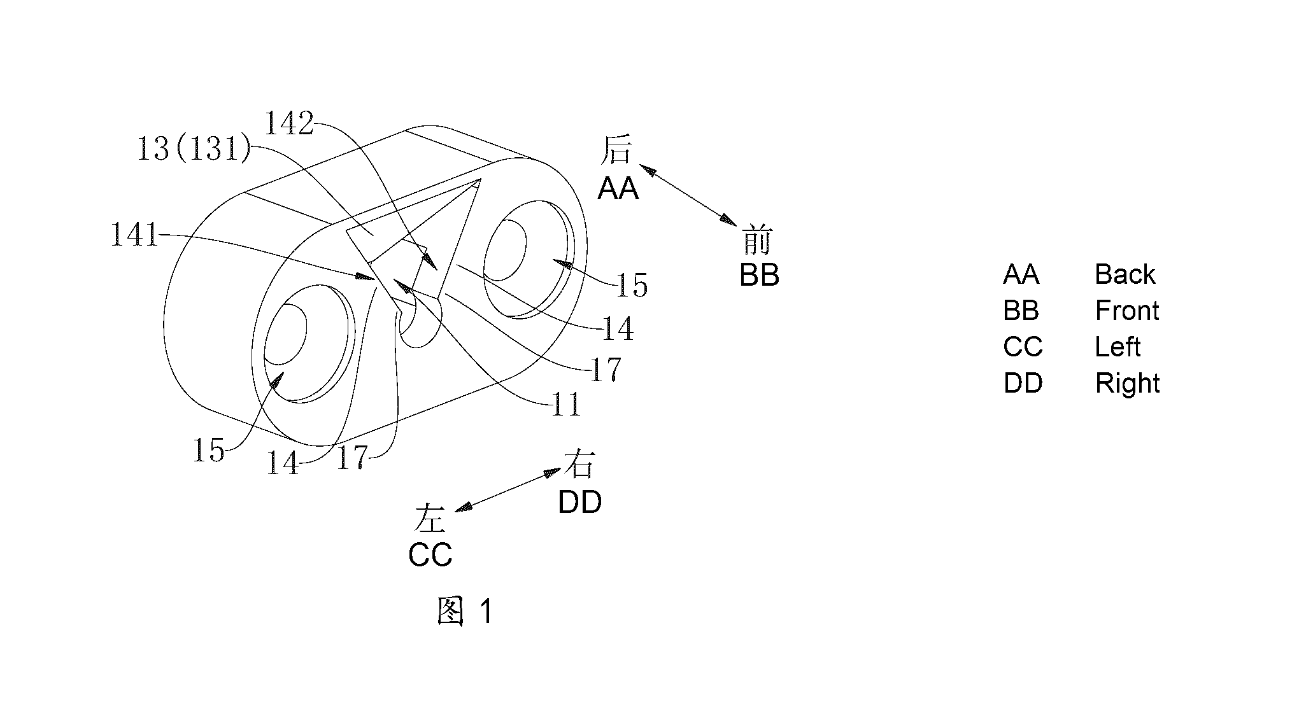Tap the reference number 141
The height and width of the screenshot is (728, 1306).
click(x=135, y=235)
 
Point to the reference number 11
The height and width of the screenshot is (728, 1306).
click(x=565, y=404)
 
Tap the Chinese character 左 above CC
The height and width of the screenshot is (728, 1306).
click(x=430, y=517)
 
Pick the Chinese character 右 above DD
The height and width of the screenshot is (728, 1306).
click(x=579, y=465)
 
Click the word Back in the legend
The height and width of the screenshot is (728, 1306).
click(x=1125, y=274)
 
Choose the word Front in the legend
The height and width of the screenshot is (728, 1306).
click(x=1127, y=311)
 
